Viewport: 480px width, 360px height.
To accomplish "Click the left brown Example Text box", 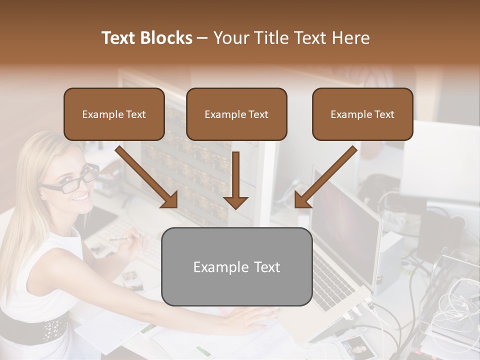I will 114,114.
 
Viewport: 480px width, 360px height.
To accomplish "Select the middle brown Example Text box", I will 236,114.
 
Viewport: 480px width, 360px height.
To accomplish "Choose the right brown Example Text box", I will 362,114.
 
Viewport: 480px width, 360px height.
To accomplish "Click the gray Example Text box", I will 236,266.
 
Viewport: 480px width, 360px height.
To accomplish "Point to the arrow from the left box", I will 147,177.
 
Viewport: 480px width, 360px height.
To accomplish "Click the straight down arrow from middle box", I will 235,180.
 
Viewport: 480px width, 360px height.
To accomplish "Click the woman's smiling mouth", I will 80,198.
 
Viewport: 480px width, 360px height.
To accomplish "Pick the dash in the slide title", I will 202,38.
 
